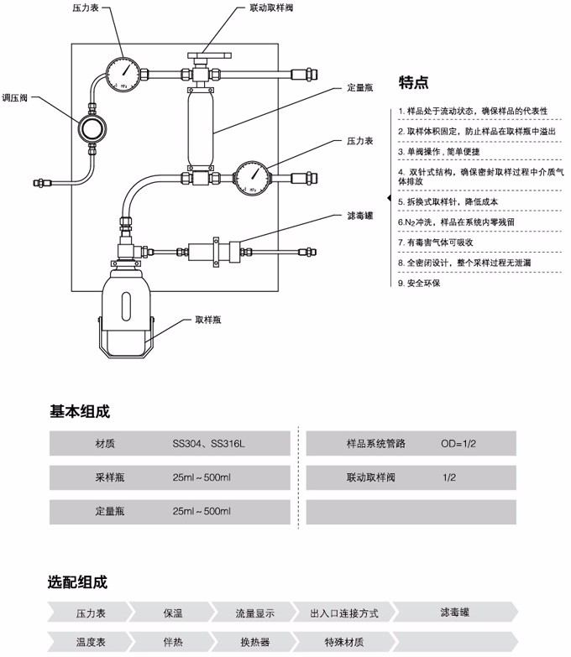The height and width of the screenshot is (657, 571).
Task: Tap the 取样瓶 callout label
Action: pyautogui.click(x=208, y=320)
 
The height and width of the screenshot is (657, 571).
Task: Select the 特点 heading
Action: pyautogui.click(x=413, y=82)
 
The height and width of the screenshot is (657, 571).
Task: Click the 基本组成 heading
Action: pyautogui.click(x=80, y=412)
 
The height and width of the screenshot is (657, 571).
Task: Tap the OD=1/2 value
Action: pyautogui.click(x=458, y=443)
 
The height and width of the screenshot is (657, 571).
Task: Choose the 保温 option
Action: pyautogui.click(x=172, y=613)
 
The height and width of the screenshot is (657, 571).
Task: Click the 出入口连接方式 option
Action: pyautogui.click(x=344, y=613)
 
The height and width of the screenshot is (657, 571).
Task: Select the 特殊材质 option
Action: pyautogui.click(x=344, y=642)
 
